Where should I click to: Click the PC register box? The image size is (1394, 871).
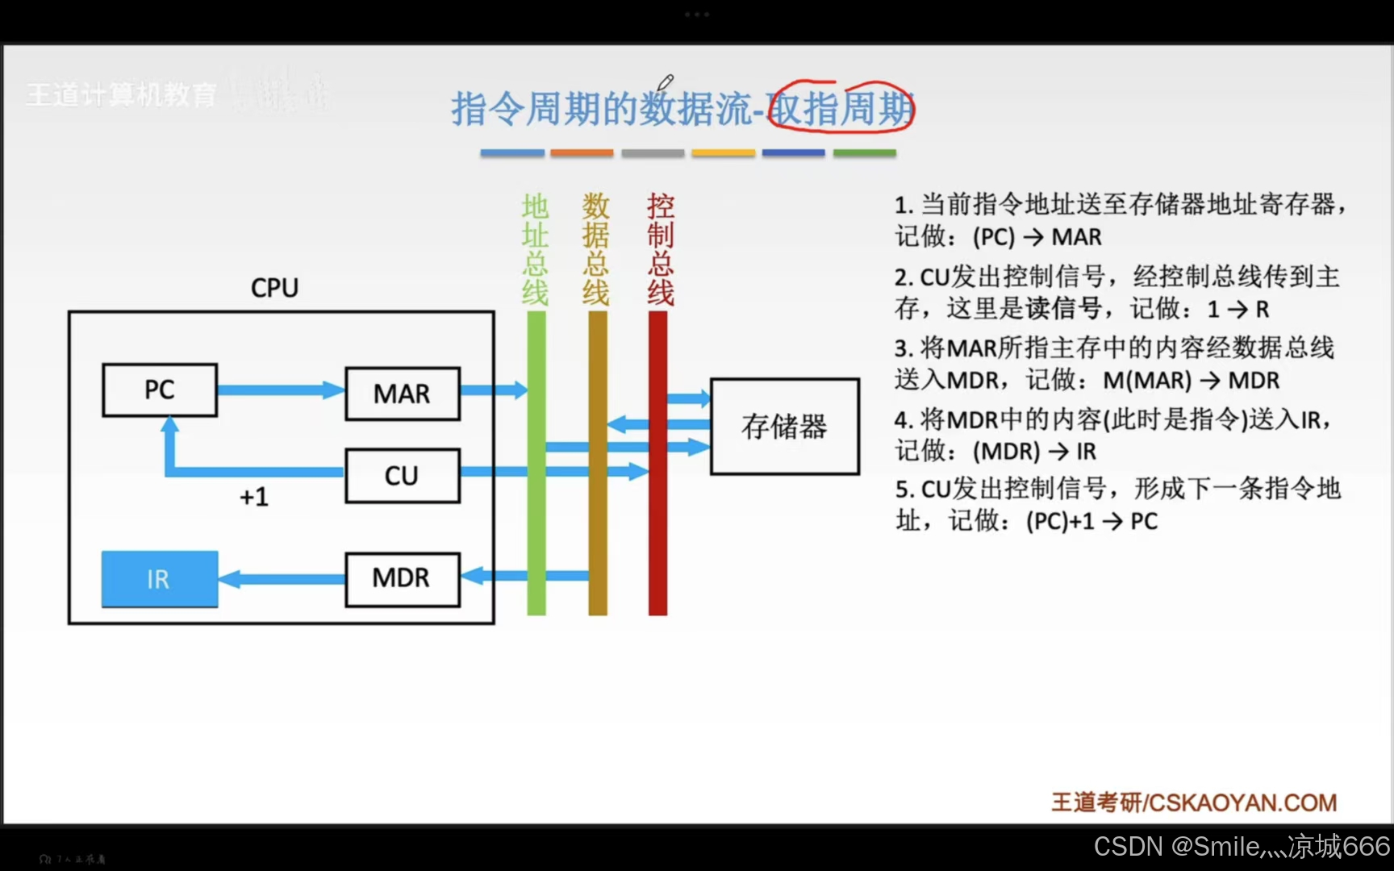point(160,390)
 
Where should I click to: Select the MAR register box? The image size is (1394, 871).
point(403,394)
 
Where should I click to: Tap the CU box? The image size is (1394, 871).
point(403,476)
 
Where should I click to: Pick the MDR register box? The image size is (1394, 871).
point(403,578)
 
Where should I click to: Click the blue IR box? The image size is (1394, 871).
point(160,579)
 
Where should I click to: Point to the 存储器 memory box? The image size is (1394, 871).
point(784,427)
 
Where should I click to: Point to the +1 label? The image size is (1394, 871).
point(254,497)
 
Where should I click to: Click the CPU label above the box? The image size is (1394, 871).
point(274,288)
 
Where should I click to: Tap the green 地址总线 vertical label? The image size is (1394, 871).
point(535,249)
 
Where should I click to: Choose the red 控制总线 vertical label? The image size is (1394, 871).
point(661,249)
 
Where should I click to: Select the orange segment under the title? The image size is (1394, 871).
point(582,152)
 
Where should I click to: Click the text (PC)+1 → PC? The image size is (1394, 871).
point(1091,522)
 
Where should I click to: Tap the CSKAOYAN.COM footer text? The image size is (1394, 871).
point(1242,803)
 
